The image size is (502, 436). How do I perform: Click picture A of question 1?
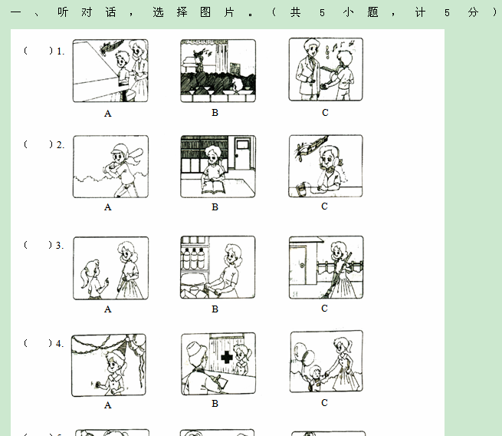(110, 71)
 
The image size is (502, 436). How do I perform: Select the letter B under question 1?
(215, 113)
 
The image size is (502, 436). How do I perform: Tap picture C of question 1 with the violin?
(326, 69)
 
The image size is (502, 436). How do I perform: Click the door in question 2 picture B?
(243, 154)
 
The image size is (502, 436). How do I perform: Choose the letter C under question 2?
(324, 206)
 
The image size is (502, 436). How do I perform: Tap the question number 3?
(60, 246)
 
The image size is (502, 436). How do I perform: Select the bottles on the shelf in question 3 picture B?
(193, 258)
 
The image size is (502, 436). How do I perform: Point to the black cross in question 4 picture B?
(227, 357)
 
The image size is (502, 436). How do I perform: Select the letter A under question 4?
(108, 405)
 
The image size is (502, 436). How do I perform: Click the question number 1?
(61, 51)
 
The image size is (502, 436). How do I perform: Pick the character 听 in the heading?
(63, 12)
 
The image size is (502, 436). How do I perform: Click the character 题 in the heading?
(372, 12)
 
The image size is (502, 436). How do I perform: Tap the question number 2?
(61, 145)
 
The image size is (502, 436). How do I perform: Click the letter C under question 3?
(324, 309)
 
